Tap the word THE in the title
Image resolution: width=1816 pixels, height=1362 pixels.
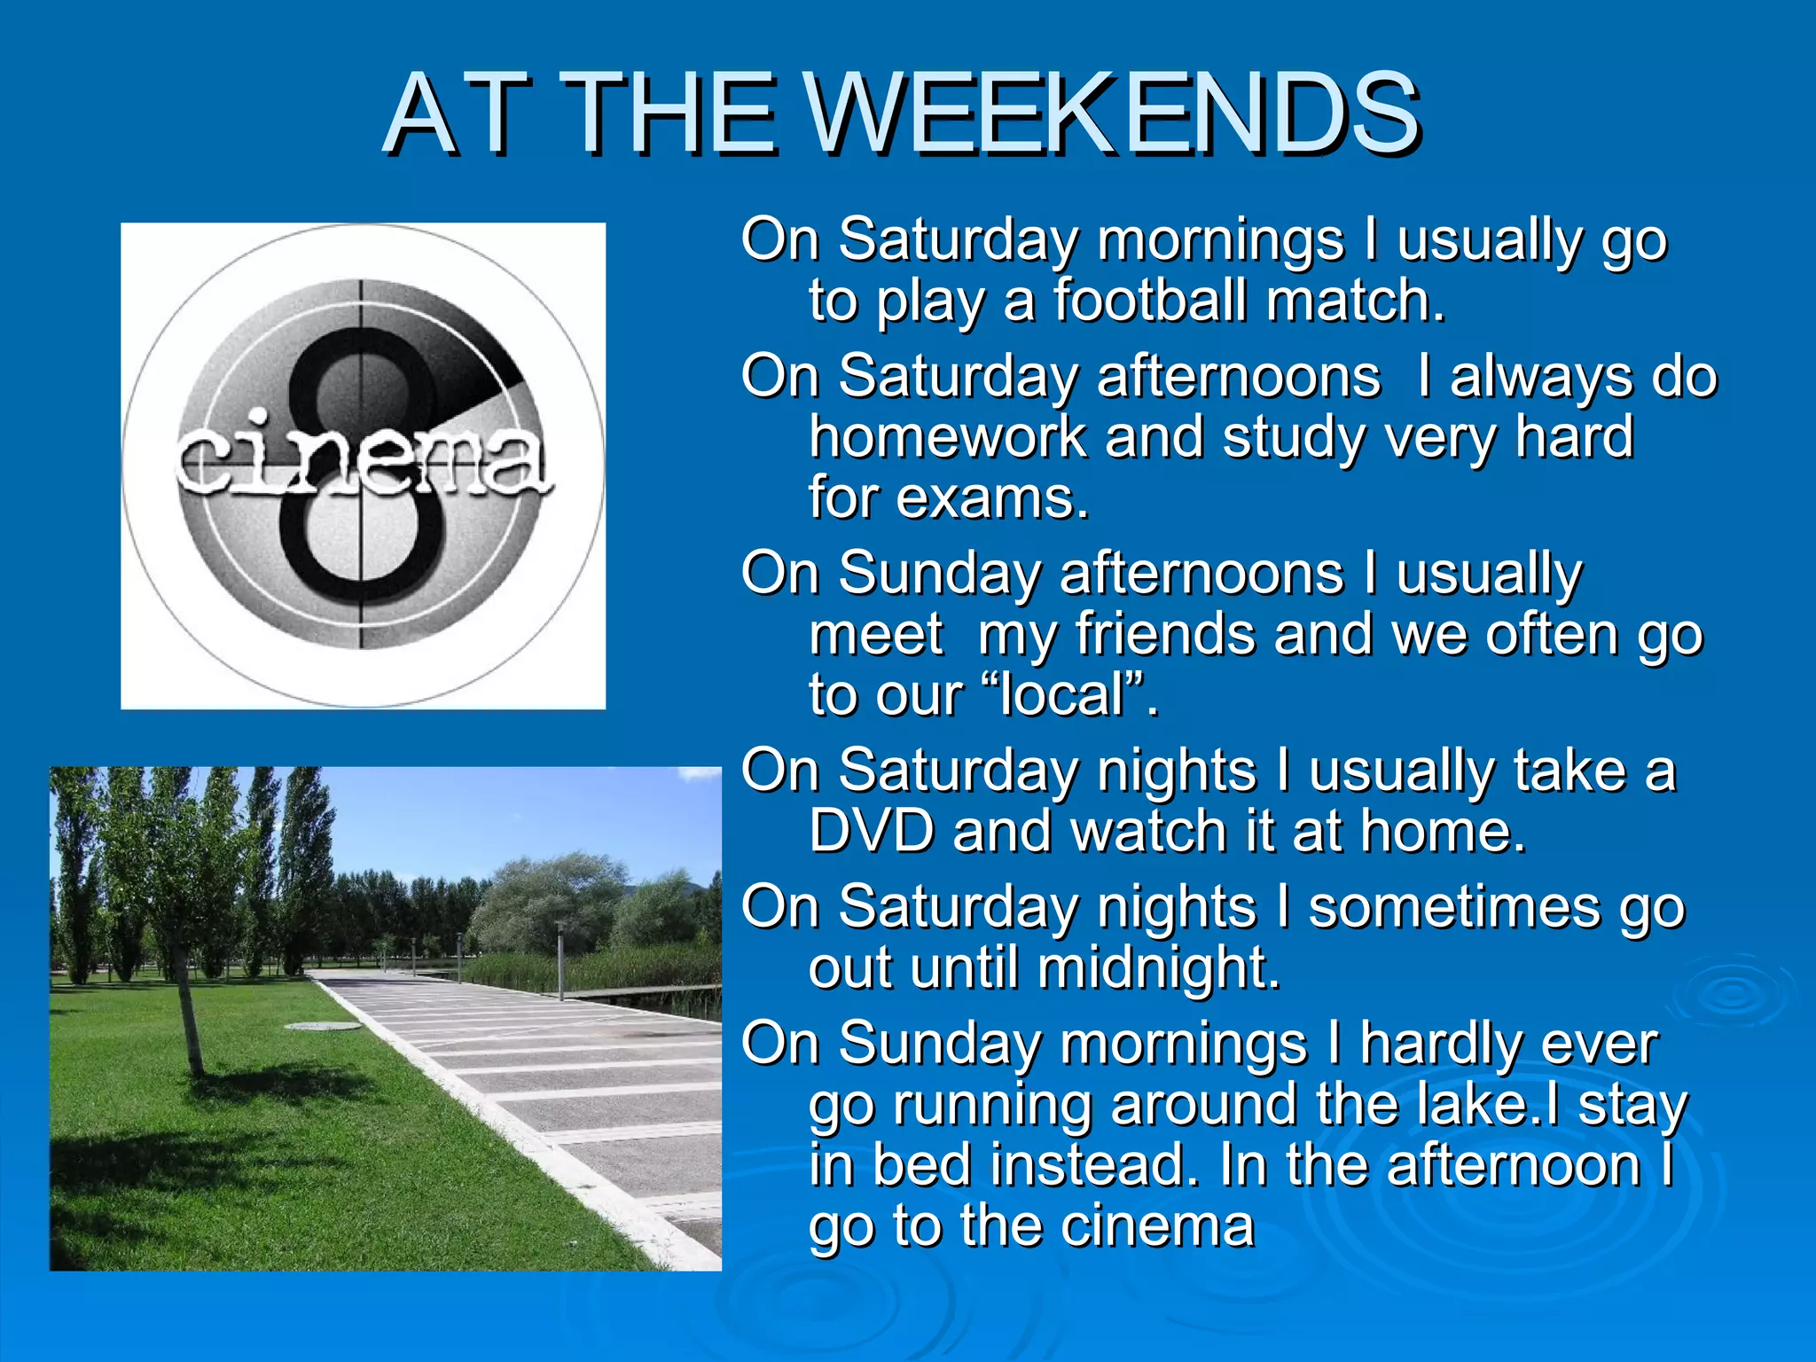coord(674,115)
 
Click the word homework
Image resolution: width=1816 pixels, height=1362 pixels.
coord(947,437)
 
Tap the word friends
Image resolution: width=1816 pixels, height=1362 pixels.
coord(1165,634)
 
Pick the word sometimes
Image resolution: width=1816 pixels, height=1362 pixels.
coord(1455,907)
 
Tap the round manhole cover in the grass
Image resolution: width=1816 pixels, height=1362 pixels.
coord(324,1026)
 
